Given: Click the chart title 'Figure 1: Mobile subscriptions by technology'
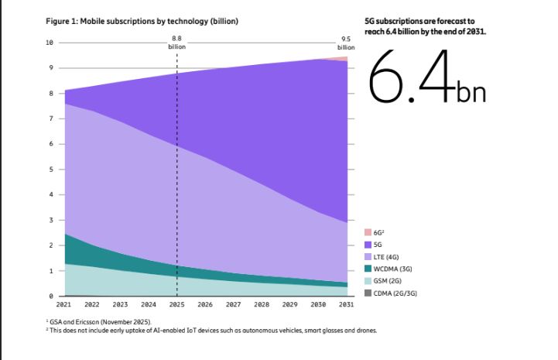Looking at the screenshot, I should [139, 21].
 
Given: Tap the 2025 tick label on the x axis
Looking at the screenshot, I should [177, 305].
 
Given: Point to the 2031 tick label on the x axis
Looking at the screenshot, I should [347, 305].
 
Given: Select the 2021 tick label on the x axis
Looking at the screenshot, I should [64, 305].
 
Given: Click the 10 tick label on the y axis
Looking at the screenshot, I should [50, 43].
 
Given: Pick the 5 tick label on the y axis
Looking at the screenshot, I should [51, 170].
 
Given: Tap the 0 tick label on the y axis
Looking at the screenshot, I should [51, 297].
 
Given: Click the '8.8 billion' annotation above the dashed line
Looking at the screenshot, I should [177, 42].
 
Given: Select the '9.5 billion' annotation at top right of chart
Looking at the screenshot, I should [346, 43].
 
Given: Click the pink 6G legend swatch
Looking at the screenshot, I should [367, 231].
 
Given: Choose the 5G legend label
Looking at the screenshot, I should [378, 244].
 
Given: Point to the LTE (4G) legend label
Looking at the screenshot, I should [386, 256].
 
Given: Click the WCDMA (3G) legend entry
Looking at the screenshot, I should [391, 269].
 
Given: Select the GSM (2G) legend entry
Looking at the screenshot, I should [388, 281].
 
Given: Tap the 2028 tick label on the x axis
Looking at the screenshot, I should [262, 305].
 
